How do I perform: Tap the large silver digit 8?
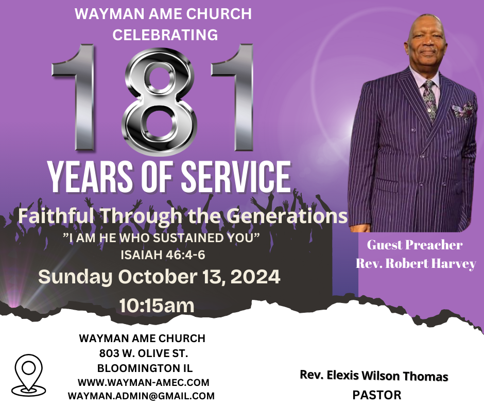(159, 102)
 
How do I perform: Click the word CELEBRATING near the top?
(165, 35)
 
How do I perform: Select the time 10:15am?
(157, 306)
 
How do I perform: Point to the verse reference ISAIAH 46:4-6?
(163, 255)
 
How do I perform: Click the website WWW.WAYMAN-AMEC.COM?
(144, 382)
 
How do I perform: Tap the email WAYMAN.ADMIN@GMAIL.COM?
(141, 396)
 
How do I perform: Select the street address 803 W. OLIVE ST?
(144, 353)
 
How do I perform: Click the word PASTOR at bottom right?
(377, 395)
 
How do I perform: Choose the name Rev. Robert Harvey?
(416, 264)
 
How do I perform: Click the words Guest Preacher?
(414, 245)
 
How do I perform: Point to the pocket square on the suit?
(463, 109)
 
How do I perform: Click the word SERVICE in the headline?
(235, 177)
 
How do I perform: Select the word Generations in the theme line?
(289, 216)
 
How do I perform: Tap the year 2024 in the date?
(255, 276)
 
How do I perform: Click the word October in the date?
(158, 276)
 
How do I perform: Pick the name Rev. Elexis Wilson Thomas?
(374, 376)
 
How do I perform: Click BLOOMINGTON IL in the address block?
(145, 368)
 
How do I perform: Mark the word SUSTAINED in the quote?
(185, 238)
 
